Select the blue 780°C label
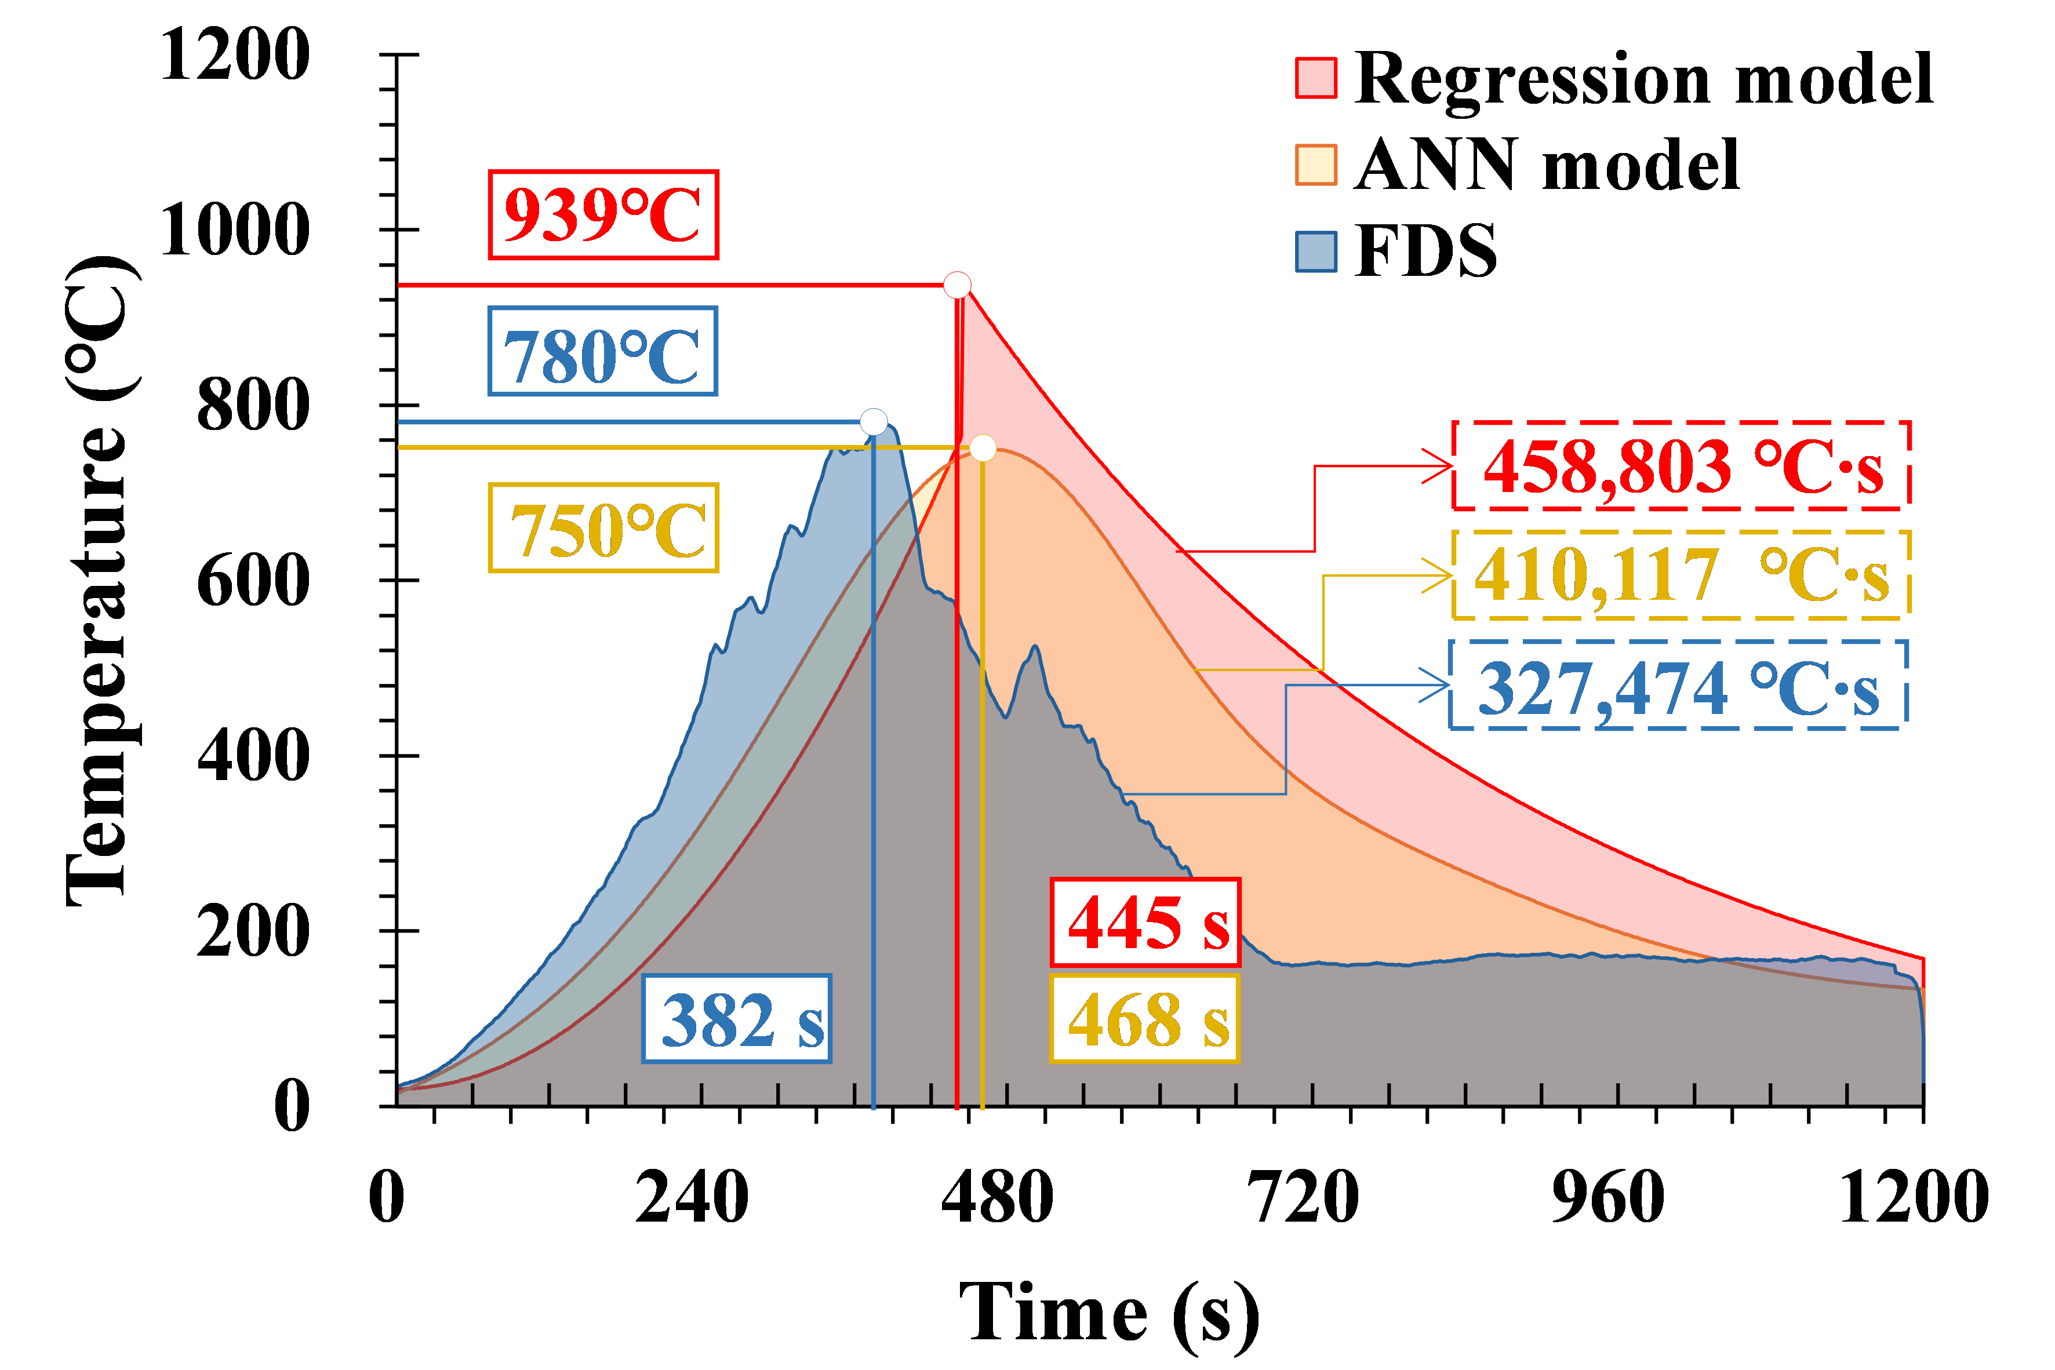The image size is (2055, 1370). (603, 351)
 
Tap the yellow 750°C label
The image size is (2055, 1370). (603, 528)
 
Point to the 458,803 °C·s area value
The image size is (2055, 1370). (1681, 466)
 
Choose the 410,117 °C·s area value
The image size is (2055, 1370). (1681, 575)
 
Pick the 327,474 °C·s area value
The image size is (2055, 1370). (1678, 685)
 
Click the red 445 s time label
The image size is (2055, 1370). (1144, 922)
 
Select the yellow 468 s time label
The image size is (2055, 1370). (1144, 1019)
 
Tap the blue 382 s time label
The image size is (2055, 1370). (737, 1019)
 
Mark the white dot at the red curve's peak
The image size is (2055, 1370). (958, 285)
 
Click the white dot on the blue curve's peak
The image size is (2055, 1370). (874, 422)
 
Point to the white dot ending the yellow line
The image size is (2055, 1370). (983, 448)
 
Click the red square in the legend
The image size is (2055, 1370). (1316, 78)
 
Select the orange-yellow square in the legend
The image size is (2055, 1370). (1316, 164)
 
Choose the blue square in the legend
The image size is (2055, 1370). (1316, 252)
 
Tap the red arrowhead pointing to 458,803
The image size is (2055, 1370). (1440, 466)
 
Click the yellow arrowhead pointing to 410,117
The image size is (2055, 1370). (1440, 575)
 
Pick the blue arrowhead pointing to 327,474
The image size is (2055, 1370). (1437, 685)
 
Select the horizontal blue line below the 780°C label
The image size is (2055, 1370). (629, 422)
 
